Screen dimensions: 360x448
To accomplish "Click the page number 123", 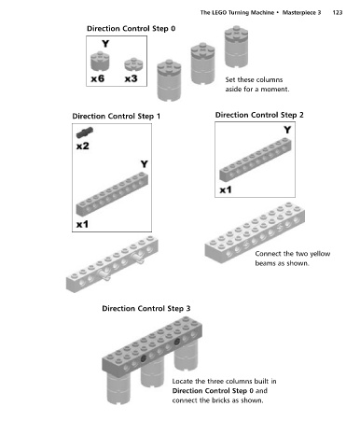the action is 338,12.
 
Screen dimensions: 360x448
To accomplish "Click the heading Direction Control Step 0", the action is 131,29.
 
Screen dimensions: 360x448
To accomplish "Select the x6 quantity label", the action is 97,78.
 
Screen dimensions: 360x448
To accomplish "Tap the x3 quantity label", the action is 131,78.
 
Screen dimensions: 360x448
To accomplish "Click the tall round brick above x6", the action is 100,61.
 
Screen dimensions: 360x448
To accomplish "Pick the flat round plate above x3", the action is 133,64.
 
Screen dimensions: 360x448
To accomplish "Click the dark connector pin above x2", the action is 85,133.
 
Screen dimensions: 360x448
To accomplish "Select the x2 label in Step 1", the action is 83,146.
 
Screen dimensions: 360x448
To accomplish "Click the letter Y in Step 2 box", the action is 287,130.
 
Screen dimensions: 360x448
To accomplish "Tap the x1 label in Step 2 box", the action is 226,189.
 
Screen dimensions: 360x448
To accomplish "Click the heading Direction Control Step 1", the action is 117,117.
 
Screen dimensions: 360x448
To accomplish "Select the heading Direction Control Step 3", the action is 146,309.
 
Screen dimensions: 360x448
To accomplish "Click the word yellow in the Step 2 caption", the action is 320,254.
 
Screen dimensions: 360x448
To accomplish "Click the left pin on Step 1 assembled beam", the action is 104,275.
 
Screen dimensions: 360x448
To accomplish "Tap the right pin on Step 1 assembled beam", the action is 138,258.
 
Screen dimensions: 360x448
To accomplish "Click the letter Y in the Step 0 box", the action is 105,44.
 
